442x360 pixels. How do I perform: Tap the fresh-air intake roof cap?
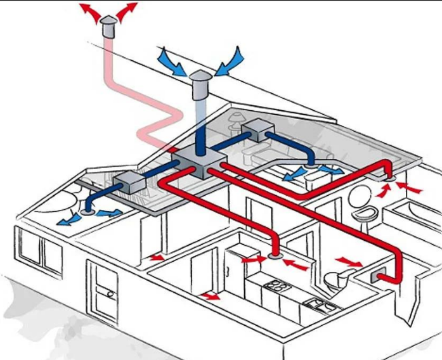[200, 81]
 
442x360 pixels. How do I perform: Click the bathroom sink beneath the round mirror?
[363, 215]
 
